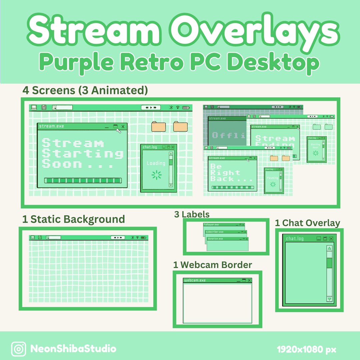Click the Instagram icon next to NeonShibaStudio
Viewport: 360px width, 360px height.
(19, 349)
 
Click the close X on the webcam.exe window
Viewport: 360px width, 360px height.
(249, 280)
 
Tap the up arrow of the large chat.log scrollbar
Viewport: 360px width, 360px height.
(330, 248)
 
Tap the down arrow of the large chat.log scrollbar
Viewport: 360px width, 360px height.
(330, 299)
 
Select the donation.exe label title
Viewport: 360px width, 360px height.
(215, 239)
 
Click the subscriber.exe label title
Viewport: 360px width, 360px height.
(215, 232)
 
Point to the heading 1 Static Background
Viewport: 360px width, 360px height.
(73, 219)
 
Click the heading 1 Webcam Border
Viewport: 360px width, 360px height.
(212, 265)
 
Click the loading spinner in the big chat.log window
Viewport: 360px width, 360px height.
(156, 175)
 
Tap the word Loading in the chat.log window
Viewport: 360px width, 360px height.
(156, 163)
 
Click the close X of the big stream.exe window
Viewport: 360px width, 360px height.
(123, 126)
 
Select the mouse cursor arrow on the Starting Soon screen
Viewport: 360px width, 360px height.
(119, 131)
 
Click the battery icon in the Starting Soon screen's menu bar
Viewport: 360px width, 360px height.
(187, 107)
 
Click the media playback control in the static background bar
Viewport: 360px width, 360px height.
(118, 238)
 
